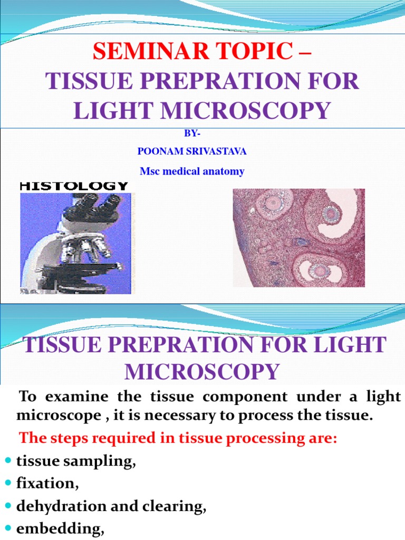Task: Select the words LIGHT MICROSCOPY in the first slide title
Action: (202, 110)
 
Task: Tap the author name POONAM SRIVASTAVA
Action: (192, 151)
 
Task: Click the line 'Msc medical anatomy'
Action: (192, 171)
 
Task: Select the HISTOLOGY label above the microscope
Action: (74, 186)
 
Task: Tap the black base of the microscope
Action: (74, 277)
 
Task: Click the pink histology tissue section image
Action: (298, 237)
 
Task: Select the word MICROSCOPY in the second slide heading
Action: (202, 371)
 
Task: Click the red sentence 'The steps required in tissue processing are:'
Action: (178, 439)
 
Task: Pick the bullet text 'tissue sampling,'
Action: (76, 461)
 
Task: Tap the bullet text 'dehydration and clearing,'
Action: (111, 507)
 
